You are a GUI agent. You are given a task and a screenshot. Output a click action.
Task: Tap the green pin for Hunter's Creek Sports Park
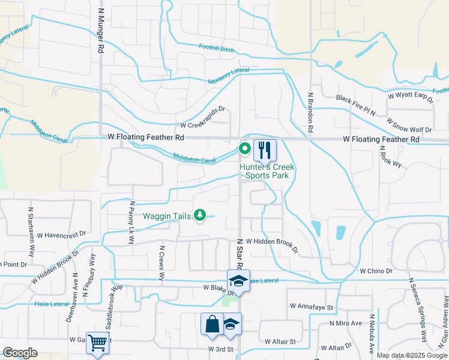(245, 148)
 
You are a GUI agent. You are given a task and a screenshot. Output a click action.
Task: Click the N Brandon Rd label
(311, 112)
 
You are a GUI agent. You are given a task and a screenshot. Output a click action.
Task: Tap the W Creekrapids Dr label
(202, 126)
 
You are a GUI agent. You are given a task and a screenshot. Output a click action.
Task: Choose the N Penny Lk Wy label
(131, 223)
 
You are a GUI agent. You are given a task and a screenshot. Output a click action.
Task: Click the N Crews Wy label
(161, 263)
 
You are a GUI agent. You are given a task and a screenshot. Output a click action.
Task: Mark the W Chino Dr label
(376, 271)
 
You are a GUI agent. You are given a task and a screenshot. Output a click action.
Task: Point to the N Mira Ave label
(346, 323)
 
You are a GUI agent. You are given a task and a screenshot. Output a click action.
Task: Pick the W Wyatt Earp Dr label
(410, 96)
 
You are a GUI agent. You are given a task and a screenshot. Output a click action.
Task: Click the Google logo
(20, 353)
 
